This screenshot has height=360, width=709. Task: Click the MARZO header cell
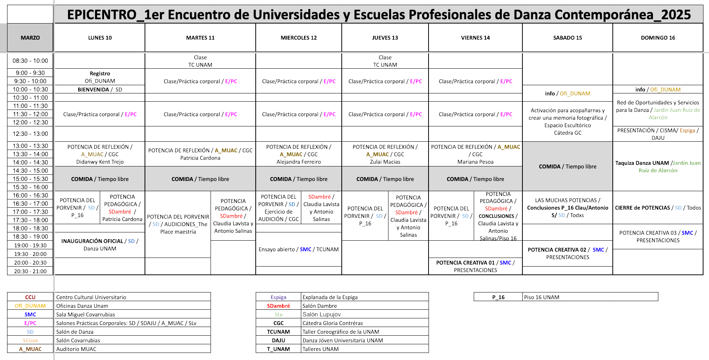(30, 38)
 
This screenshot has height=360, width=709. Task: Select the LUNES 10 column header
(100, 38)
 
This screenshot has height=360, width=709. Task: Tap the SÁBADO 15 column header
(567, 38)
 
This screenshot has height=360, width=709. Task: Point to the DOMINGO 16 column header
(658, 38)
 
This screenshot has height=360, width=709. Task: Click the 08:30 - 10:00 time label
(30, 61)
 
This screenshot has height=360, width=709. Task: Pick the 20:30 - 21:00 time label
(30, 271)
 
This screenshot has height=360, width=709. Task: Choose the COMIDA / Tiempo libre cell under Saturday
(567, 166)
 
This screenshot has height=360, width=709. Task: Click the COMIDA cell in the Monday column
(100, 179)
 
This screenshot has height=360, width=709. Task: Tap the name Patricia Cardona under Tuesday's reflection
(200, 158)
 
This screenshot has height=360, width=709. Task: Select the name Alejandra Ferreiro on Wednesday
(299, 162)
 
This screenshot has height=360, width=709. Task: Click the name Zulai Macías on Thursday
(385, 162)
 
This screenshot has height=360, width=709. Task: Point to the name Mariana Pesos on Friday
(475, 162)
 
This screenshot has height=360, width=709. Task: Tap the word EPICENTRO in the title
(102, 15)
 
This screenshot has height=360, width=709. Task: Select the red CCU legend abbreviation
(30, 297)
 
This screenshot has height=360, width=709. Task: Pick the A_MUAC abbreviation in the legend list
(30, 349)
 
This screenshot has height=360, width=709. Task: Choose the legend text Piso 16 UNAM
(541, 297)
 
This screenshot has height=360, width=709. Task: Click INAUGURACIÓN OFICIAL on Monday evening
(93, 241)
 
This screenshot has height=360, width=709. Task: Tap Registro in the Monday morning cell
(100, 73)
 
